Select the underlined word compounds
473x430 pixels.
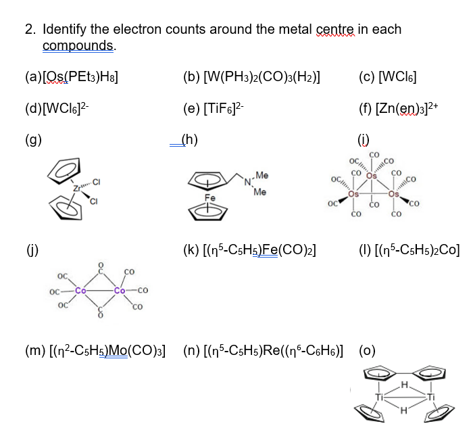tap(78, 46)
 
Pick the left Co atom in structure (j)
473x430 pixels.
tap(81, 291)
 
